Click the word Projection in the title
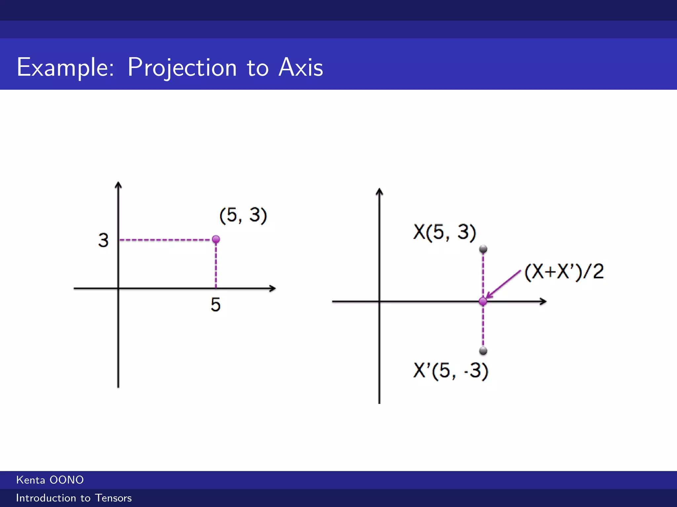tap(182, 68)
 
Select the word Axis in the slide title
tap(300, 68)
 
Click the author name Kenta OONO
tap(50, 480)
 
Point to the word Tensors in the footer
tap(113, 498)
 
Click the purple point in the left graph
tap(216, 239)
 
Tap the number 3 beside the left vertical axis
tap(103, 240)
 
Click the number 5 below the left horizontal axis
tap(216, 304)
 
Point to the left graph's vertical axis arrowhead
tap(118, 185)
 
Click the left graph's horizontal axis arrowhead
tap(272, 288)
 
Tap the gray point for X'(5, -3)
tap(483, 351)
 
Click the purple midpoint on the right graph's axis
tap(483, 301)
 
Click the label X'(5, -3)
tap(451, 371)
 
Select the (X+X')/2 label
tap(564, 272)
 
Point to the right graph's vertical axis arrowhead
tap(379, 191)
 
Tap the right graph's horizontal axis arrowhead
tap(543, 301)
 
